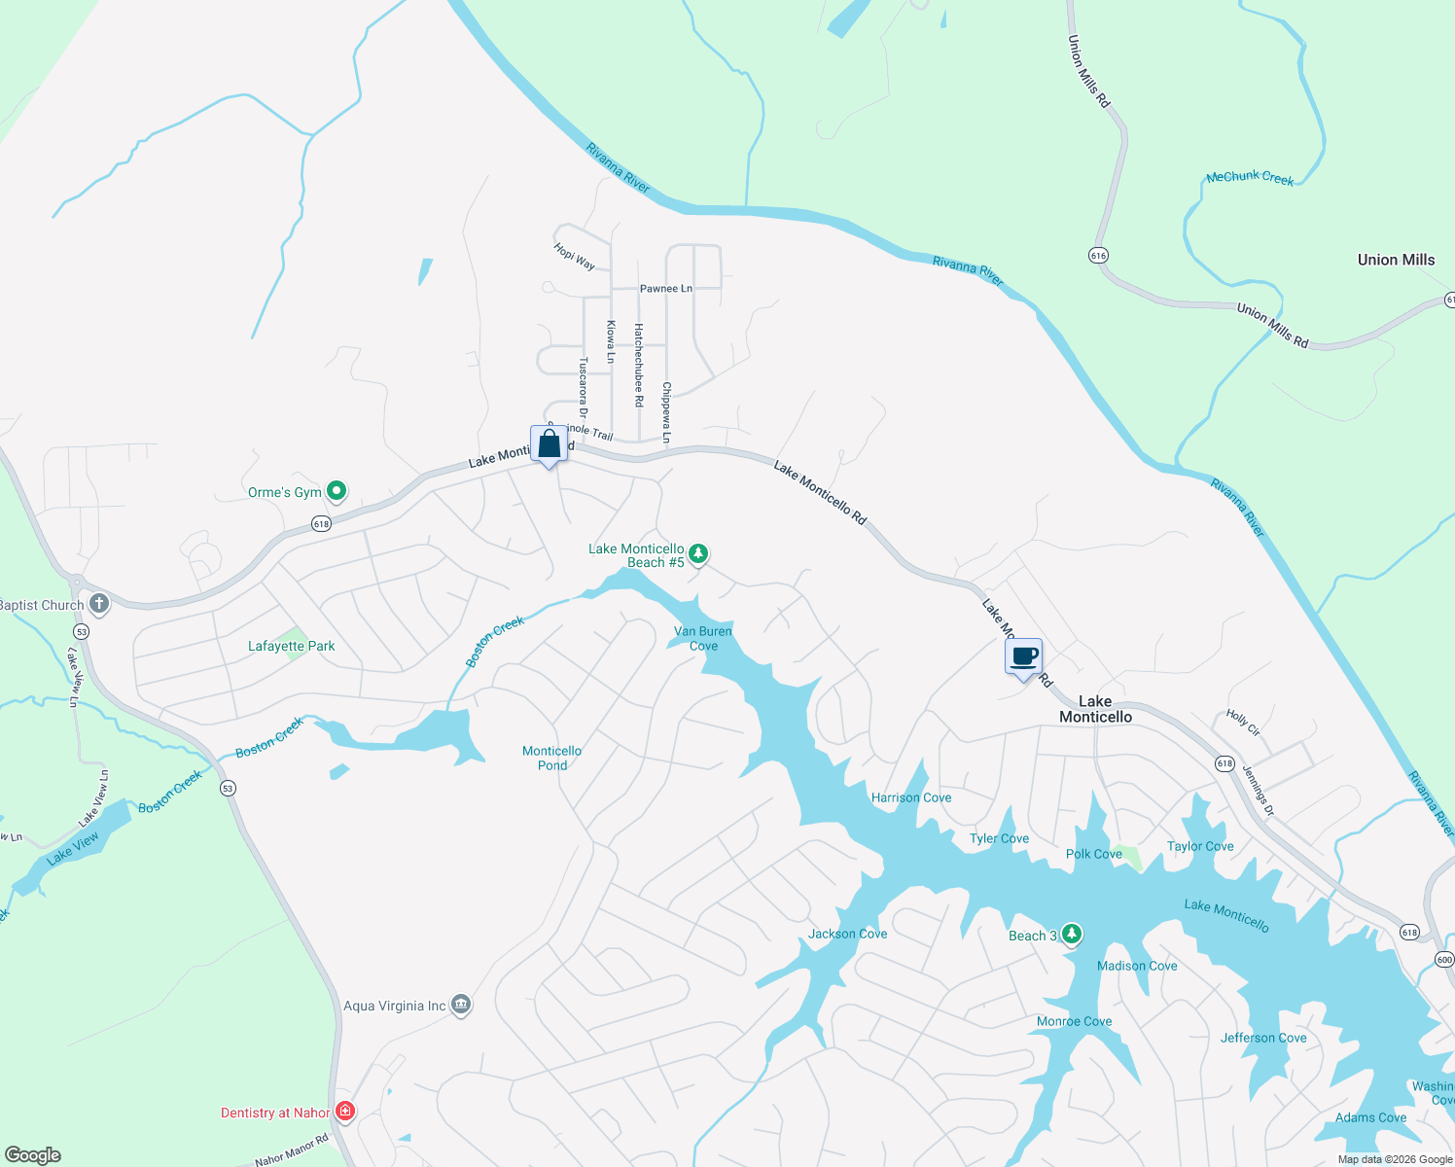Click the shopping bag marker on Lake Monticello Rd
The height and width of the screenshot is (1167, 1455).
click(x=549, y=444)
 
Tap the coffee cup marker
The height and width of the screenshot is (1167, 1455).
click(x=1023, y=656)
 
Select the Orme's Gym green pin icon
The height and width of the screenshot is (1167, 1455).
click(x=337, y=491)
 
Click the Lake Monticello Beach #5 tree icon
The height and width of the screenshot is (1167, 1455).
click(x=698, y=554)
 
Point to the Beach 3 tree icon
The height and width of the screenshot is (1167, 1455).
click(x=1072, y=935)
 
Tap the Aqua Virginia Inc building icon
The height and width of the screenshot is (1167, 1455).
click(x=462, y=1005)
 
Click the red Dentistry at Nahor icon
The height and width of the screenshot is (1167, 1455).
click(x=344, y=1111)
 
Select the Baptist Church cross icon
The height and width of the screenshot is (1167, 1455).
click(x=98, y=604)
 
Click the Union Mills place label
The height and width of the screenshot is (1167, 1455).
click(x=1396, y=260)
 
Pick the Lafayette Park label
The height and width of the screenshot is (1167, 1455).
click(x=291, y=646)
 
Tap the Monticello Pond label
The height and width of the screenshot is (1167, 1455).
click(x=551, y=758)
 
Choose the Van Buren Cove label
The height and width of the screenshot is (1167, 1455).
click(x=703, y=638)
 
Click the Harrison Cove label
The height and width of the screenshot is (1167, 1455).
click(x=911, y=797)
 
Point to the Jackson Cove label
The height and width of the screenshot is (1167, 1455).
click(x=847, y=934)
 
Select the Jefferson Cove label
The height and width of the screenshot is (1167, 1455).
click(x=1263, y=1038)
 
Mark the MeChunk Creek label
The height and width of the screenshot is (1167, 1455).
click(x=1250, y=177)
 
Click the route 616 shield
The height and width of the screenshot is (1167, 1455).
click(x=1098, y=256)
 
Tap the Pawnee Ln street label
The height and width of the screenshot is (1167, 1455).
click(x=665, y=289)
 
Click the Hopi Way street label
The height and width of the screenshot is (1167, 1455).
click(x=574, y=256)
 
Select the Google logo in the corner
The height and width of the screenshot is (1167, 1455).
click(x=33, y=1155)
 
